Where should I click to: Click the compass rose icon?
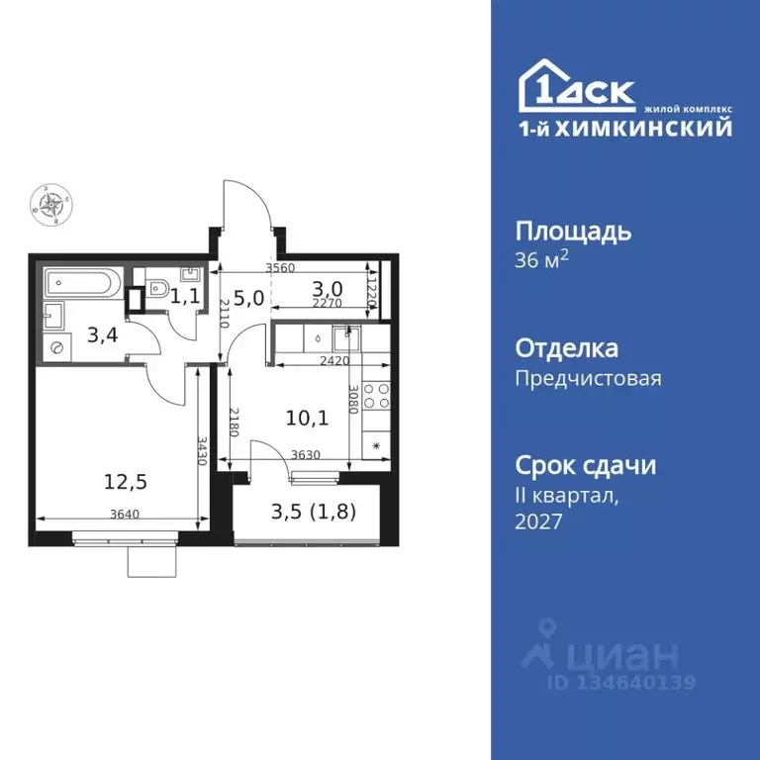[50, 204]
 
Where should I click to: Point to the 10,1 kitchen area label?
[308, 417]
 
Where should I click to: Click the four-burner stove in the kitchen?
[377, 397]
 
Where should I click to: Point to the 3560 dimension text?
[283, 268]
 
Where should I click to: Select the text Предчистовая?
[589, 378]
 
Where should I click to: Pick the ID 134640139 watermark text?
[621, 682]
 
